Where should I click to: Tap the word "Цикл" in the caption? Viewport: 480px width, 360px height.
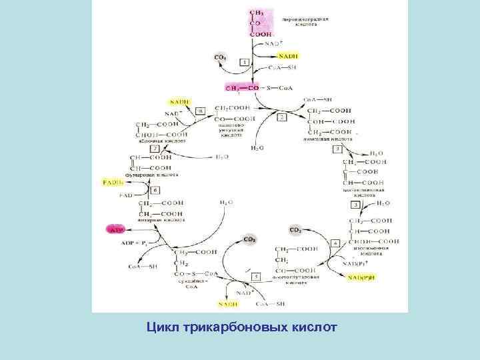click(x=163, y=327)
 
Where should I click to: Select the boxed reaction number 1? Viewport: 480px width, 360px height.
click(x=244, y=62)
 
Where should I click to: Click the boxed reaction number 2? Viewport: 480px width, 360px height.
click(x=281, y=117)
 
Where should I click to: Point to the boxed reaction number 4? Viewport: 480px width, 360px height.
click(x=336, y=242)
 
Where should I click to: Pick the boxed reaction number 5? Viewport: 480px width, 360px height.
click(x=256, y=275)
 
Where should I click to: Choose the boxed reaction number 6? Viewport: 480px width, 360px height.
click(x=155, y=190)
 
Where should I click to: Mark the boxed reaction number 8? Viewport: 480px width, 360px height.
click(x=201, y=109)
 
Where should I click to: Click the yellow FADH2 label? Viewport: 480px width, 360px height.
click(x=111, y=181)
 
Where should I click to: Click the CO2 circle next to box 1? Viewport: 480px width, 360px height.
click(x=220, y=59)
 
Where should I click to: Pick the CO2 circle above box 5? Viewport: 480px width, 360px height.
click(x=250, y=239)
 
